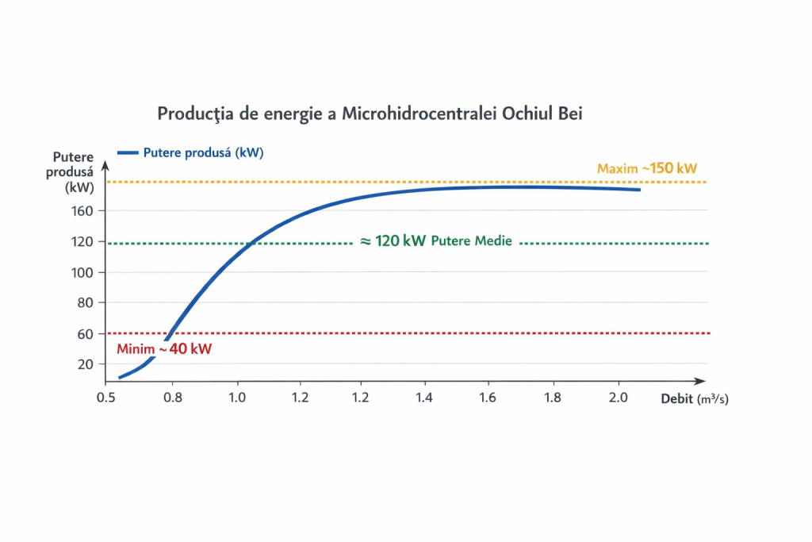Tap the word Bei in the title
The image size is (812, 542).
(569, 113)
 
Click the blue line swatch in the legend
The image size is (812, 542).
(128, 152)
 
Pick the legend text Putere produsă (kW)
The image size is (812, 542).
(203, 152)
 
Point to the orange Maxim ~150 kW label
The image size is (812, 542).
(647, 168)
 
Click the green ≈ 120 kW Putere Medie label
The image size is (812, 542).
(436, 241)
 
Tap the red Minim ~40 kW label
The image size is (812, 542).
(164, 349)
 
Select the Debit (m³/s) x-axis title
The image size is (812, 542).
(695, 399)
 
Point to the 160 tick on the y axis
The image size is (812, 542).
(85, 211)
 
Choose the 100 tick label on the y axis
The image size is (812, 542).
(85, 272)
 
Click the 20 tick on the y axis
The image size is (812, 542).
(87, 364)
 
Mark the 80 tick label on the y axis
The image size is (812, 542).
(87, 303)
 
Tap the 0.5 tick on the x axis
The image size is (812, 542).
(105, 397)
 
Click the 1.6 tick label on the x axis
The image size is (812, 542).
(490, 397)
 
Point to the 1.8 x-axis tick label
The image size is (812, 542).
(553, 397)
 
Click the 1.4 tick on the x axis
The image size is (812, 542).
(426, 397)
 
